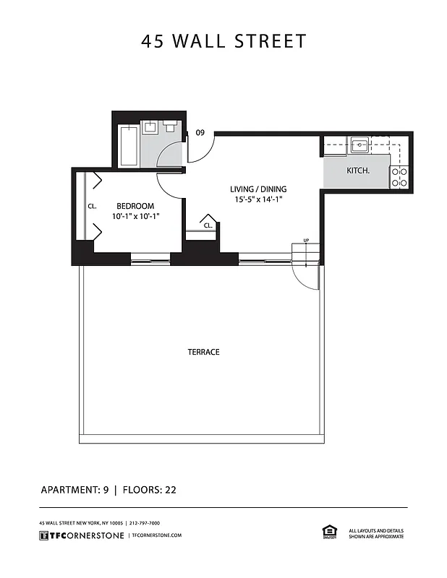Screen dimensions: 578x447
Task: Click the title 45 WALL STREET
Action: [223, 41]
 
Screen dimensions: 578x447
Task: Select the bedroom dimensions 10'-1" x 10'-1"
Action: [135, 216]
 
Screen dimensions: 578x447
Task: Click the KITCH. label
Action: [358, 171]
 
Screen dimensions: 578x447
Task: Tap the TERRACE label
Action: [203, 352]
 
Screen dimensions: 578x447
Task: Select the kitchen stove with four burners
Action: [399, 177]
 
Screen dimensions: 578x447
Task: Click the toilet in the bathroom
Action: [171, 127]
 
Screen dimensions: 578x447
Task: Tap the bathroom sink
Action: [150, 127]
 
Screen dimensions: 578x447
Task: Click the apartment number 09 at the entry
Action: [200, 132]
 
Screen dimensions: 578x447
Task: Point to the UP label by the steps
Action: [306, 241]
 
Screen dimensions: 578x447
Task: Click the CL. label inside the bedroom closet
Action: [92, 206]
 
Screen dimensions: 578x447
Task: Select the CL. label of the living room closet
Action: [208, 225]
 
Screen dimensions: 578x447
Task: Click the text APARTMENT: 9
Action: [74, 489]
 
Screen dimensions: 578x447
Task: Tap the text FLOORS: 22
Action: [150, 489]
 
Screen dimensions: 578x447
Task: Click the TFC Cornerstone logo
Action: [80, 535]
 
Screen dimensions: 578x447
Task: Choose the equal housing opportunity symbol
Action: [329, 532]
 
